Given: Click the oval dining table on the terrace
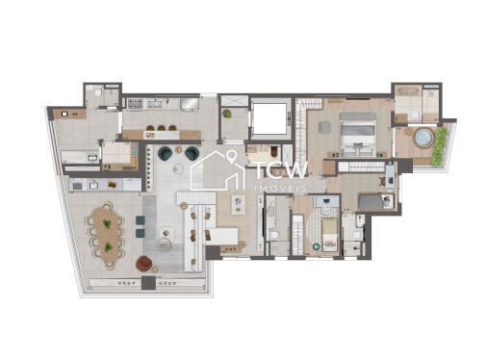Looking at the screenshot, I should point(107,231).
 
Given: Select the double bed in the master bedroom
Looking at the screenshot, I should point(354,132).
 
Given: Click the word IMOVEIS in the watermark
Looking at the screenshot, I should point(280,188).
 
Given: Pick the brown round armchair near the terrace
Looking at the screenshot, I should point(144,264).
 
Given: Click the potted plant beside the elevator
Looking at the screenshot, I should point(227,115).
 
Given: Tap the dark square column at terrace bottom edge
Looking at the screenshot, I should point(146,283).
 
